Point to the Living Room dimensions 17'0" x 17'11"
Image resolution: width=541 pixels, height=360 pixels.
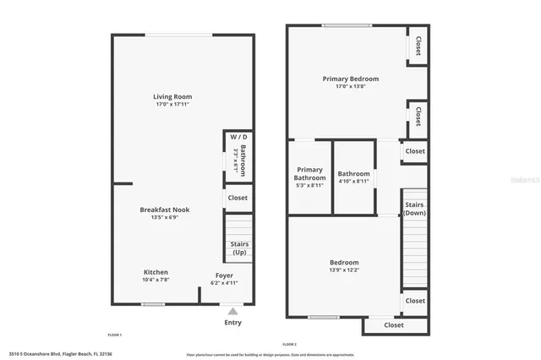pyautogui.click(x=172, y=105)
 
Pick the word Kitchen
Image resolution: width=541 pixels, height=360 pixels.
pyautogui.click(x=155, y=272)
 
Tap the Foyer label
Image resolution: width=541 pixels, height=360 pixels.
pyautogui.click(x=223, y=275)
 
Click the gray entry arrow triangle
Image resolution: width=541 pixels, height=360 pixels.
pyautogui.click(x=232, y=311)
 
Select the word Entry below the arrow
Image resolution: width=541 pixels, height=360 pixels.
pyautogui.click(x=232, y=322)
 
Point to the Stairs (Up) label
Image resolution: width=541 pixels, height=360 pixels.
pyautogui.click(x=238, y=248)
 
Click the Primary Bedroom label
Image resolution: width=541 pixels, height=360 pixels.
pyautogui.click(x=351, y=79)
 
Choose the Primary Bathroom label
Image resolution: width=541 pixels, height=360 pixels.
pyautogui.click(x=309, y=174)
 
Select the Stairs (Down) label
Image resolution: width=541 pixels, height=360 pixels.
pyautogui.click(x=414, y=208)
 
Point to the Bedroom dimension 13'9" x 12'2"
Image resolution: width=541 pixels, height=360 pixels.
pyautogui.click(x=344, y=270)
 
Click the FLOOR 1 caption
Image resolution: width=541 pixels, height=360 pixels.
pyautogui.click(x=115, y=335)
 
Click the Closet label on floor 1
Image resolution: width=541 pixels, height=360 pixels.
pyautogui.click(x=238, y=198)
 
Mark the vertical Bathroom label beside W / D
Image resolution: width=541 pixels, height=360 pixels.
pyautogui.click(x=243, y=161)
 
